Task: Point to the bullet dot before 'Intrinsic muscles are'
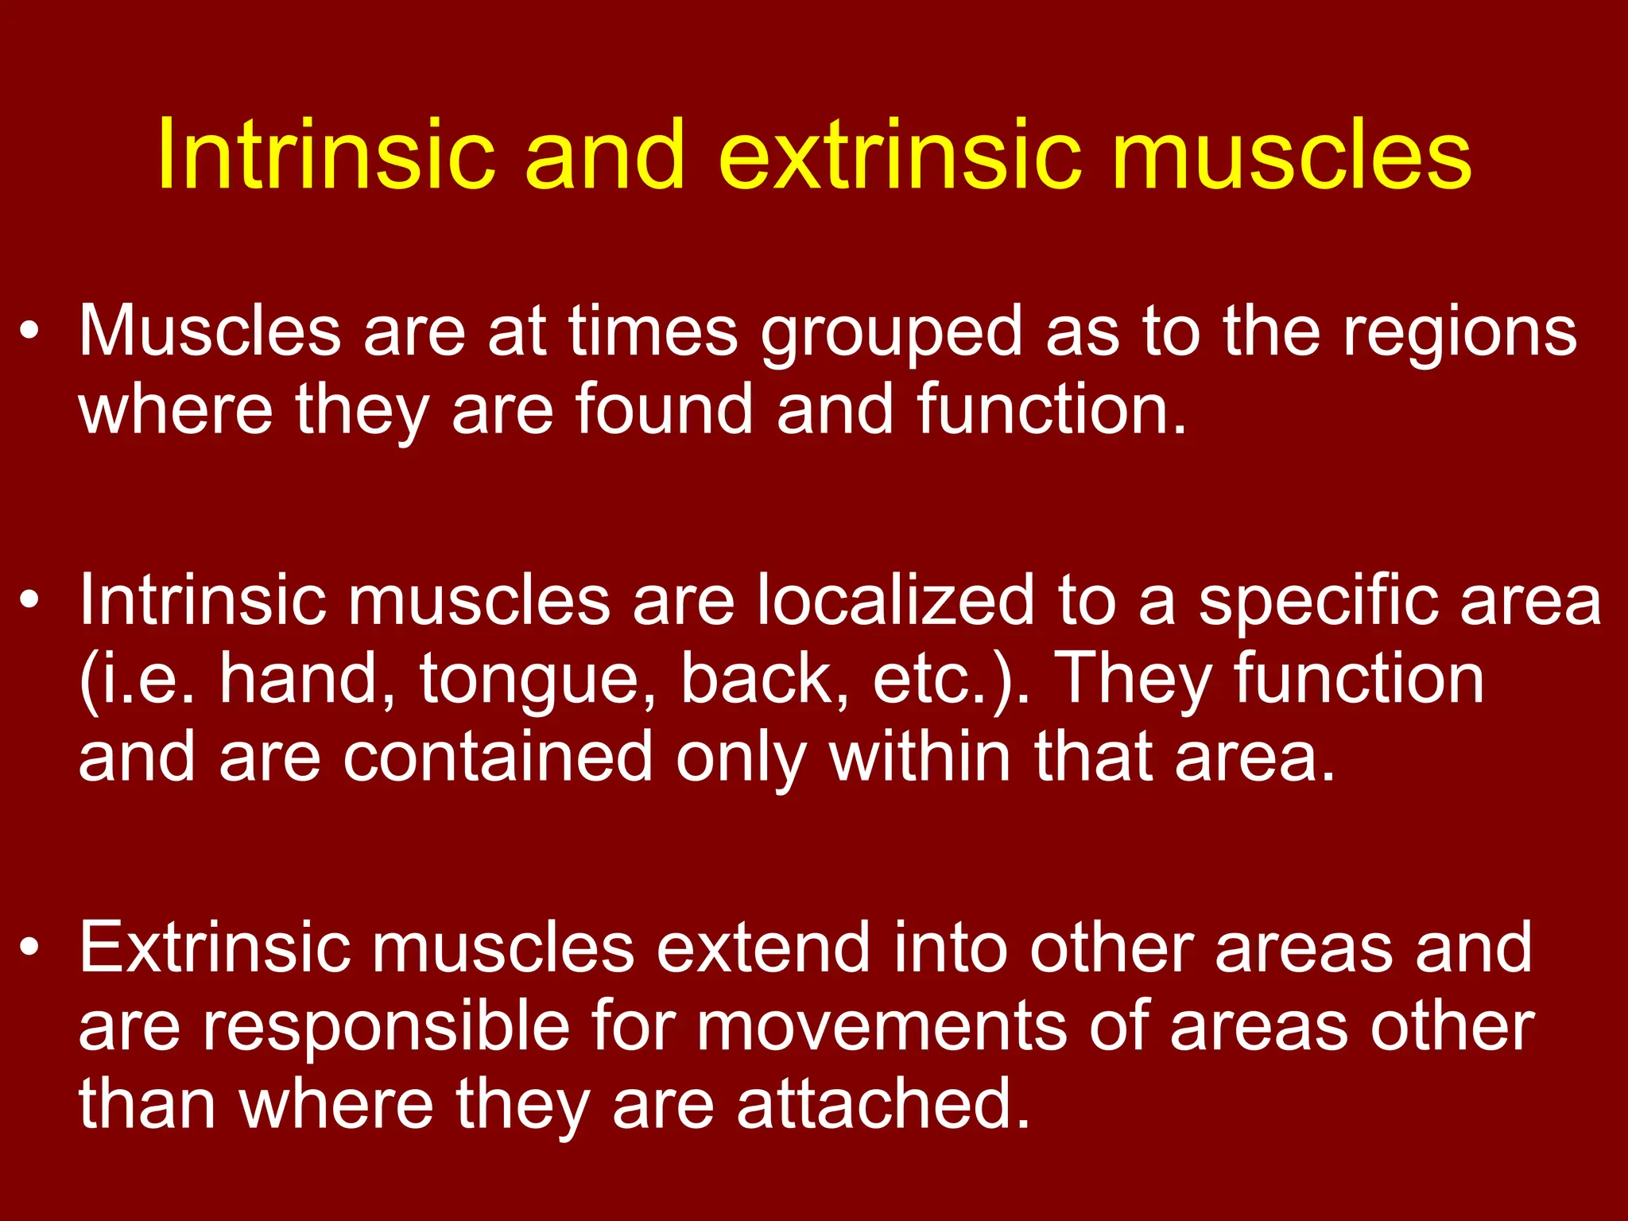click(x=30, y=599)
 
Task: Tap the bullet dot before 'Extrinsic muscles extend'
click(x=30, y=947)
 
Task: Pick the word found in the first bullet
click(x=663, y=409)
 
